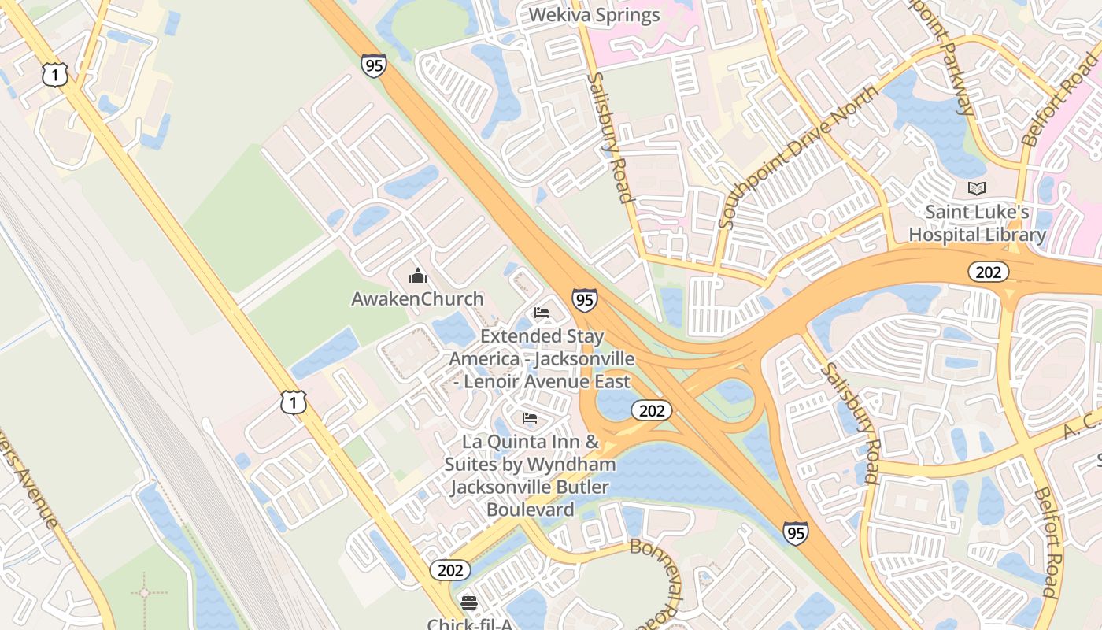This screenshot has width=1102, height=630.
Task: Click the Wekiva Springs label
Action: point(594,15)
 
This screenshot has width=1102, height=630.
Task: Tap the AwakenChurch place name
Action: point(417,299)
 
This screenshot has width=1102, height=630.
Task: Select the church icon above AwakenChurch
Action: point(417,276)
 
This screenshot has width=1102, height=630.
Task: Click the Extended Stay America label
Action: point(542,359)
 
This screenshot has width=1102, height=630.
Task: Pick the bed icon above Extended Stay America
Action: point(542,313)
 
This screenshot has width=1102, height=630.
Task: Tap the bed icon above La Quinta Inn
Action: point(530,417)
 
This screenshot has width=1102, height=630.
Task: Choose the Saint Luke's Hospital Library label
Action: point(977,223)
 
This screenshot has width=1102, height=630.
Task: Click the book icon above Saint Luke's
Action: point(977,189)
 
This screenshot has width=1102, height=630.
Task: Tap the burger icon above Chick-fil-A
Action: point(469,602)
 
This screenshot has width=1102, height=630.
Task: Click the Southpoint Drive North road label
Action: point(799,157)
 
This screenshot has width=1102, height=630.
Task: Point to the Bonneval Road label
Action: point(655,573)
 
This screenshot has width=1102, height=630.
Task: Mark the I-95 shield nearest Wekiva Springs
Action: point(374,65)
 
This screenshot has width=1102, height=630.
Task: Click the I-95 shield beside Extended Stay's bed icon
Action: point(584,299)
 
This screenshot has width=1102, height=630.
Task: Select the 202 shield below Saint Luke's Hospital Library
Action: point(988,272)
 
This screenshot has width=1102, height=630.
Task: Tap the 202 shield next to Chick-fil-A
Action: point(449,569)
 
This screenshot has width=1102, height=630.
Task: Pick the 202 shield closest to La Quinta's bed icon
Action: point(652,410)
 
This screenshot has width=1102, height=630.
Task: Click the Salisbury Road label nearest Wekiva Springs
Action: point(611,137)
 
